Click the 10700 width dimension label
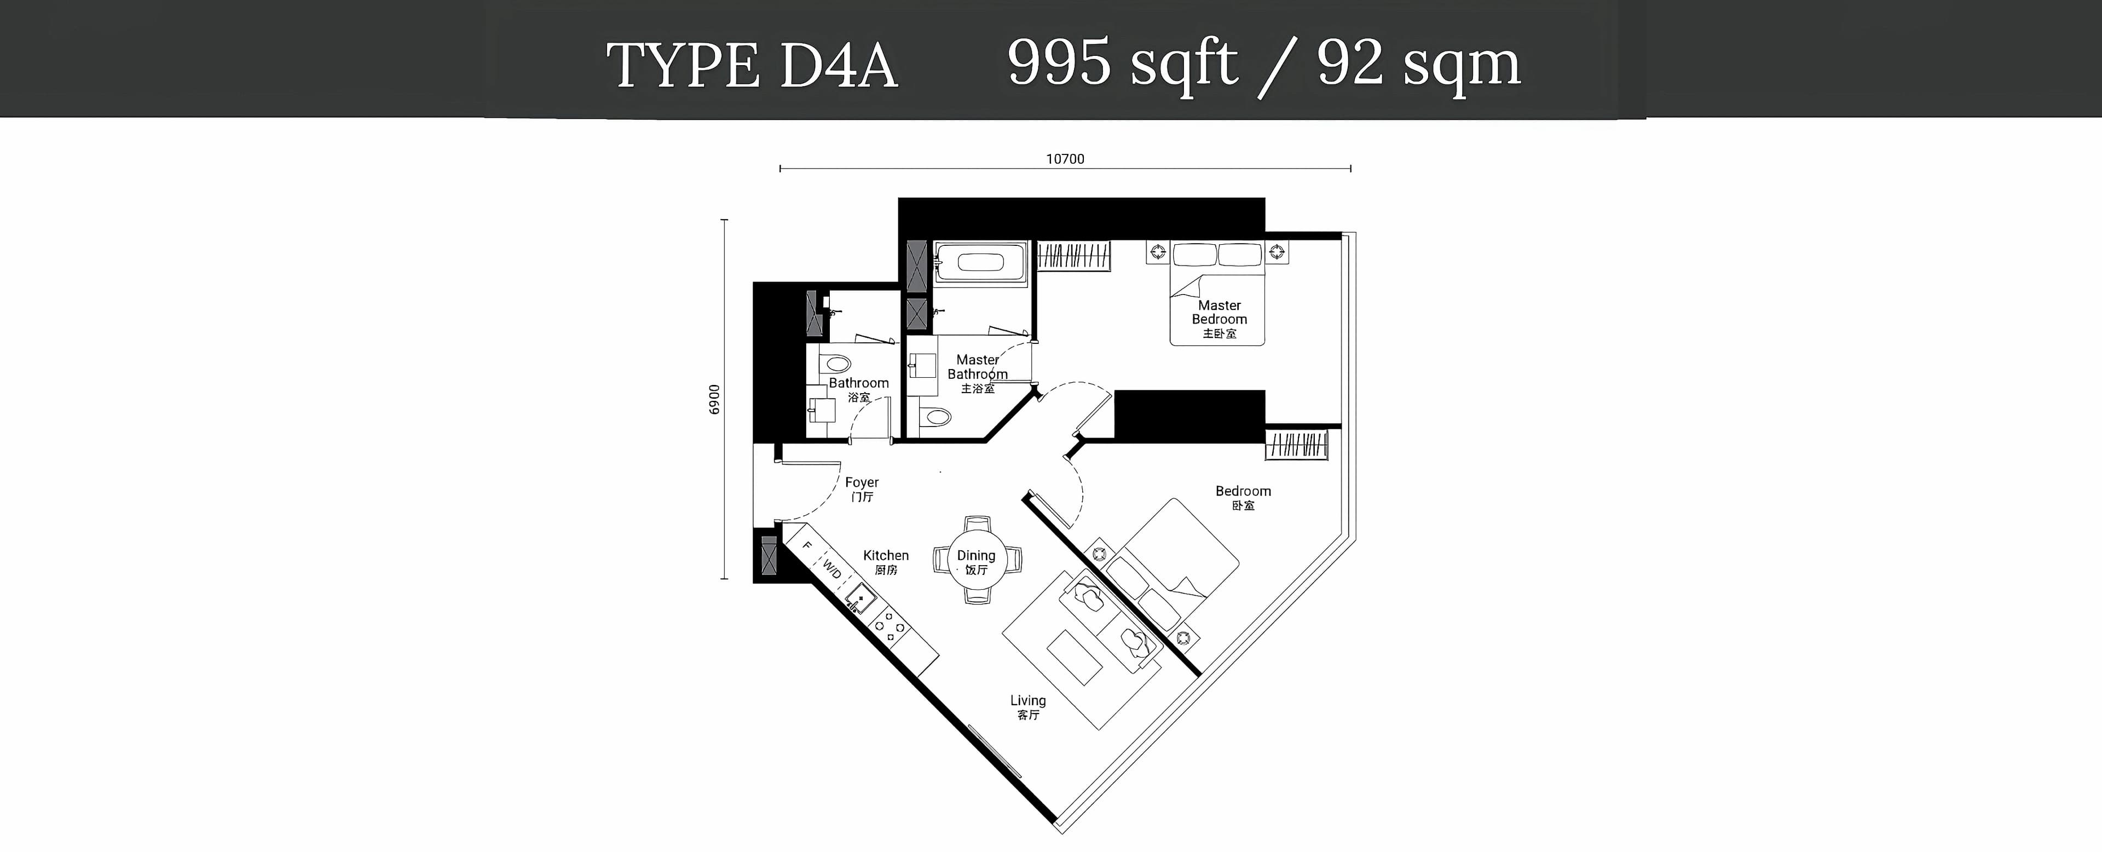(1065, 159)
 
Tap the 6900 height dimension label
(715, 400)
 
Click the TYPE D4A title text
(752, 65)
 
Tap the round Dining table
(977, 560)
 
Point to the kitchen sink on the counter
(860, 600)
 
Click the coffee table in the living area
(1075, 657)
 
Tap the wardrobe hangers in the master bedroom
(1073, 256)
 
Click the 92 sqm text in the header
(1419, 64)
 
